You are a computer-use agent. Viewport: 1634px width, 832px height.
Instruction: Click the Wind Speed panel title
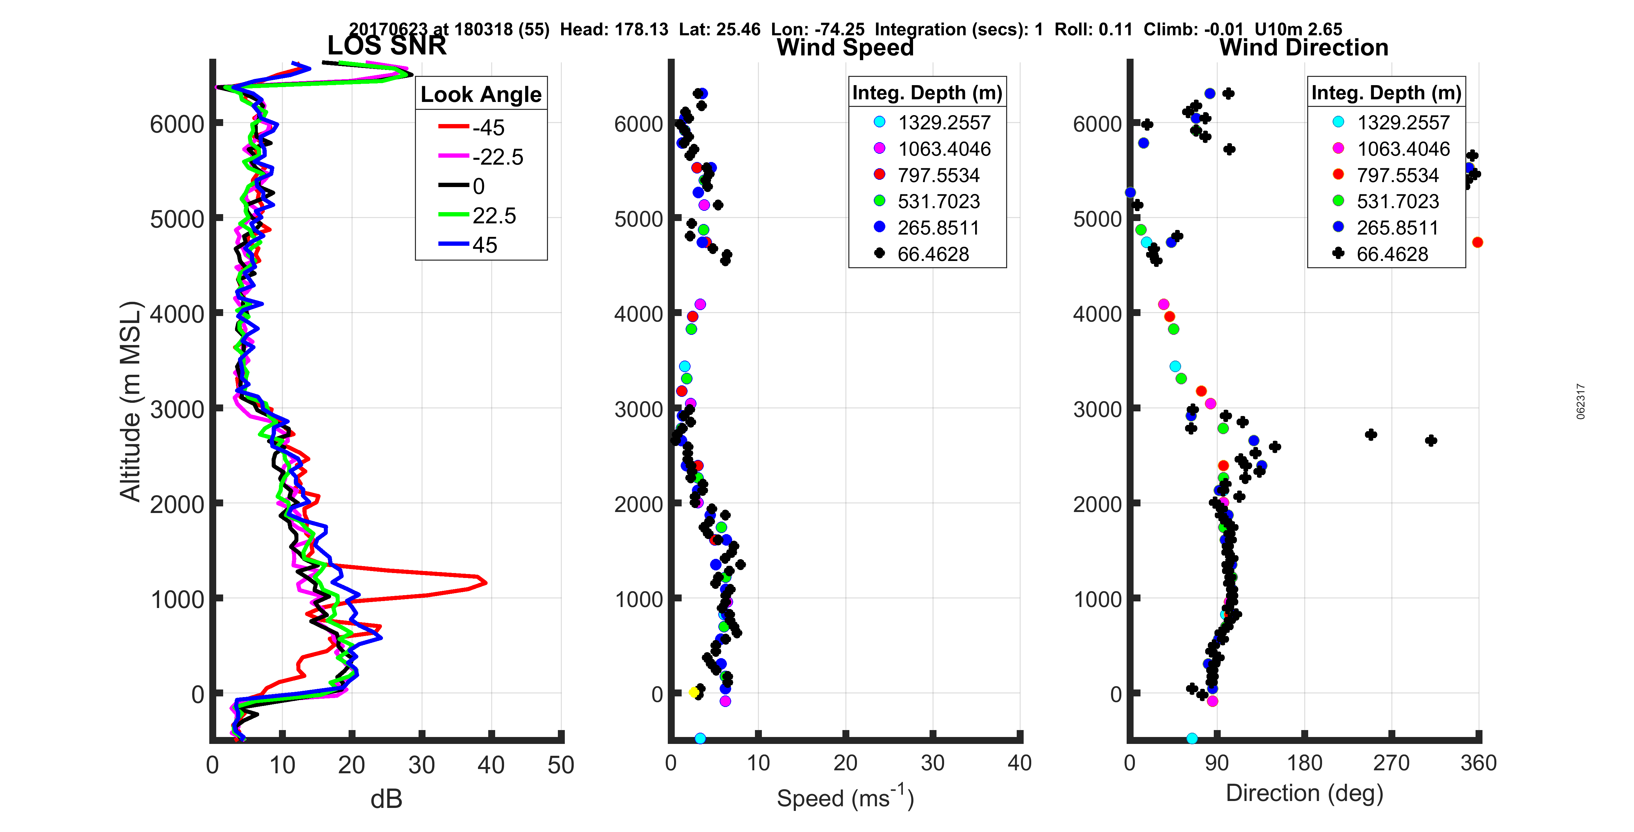point(845,48)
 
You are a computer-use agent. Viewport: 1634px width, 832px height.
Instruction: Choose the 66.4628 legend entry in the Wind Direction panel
point(1392,254)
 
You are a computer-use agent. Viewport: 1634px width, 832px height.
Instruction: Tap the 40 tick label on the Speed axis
point(1019,763)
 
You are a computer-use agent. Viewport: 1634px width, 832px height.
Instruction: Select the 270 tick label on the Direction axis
point(1391,763)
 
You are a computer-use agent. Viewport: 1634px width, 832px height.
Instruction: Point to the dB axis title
point(386,799)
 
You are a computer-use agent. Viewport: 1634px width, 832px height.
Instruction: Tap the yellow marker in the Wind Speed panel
point(694,692)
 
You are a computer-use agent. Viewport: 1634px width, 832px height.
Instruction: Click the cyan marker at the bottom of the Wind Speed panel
point(700,738)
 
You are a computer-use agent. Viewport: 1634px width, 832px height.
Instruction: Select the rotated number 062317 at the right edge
point(1581,401)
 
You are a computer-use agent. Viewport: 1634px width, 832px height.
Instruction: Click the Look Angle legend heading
point(481,94)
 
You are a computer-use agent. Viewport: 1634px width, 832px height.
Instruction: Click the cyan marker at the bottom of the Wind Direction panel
point(1192,738)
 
